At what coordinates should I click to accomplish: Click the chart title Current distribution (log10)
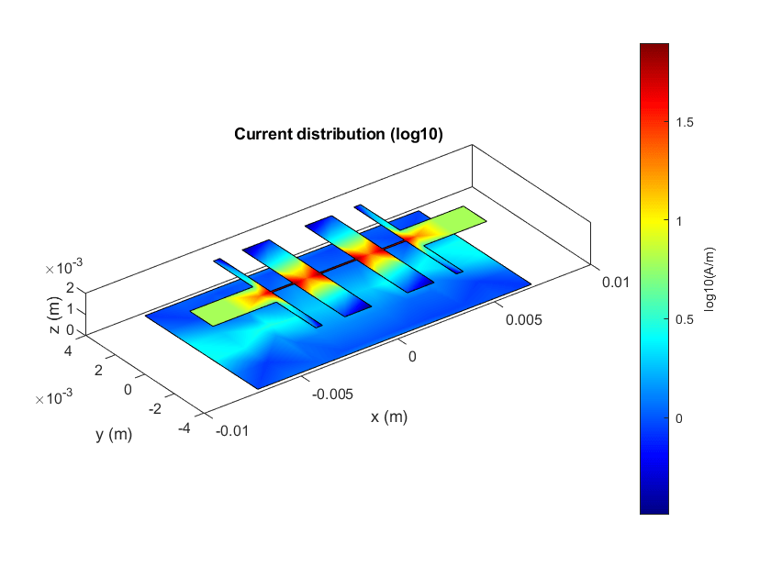click(x=339, y=134)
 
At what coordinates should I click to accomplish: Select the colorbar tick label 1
click(x=680, y=221)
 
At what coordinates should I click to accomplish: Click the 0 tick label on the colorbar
click(x=680, y=418)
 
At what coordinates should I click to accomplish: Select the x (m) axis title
click(x=389, y=417)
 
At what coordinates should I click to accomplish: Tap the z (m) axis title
click(x=55, y=313)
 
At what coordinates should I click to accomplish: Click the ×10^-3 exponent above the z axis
click(x=63, y=268)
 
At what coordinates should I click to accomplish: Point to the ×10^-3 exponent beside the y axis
click(x=58, y=397)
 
